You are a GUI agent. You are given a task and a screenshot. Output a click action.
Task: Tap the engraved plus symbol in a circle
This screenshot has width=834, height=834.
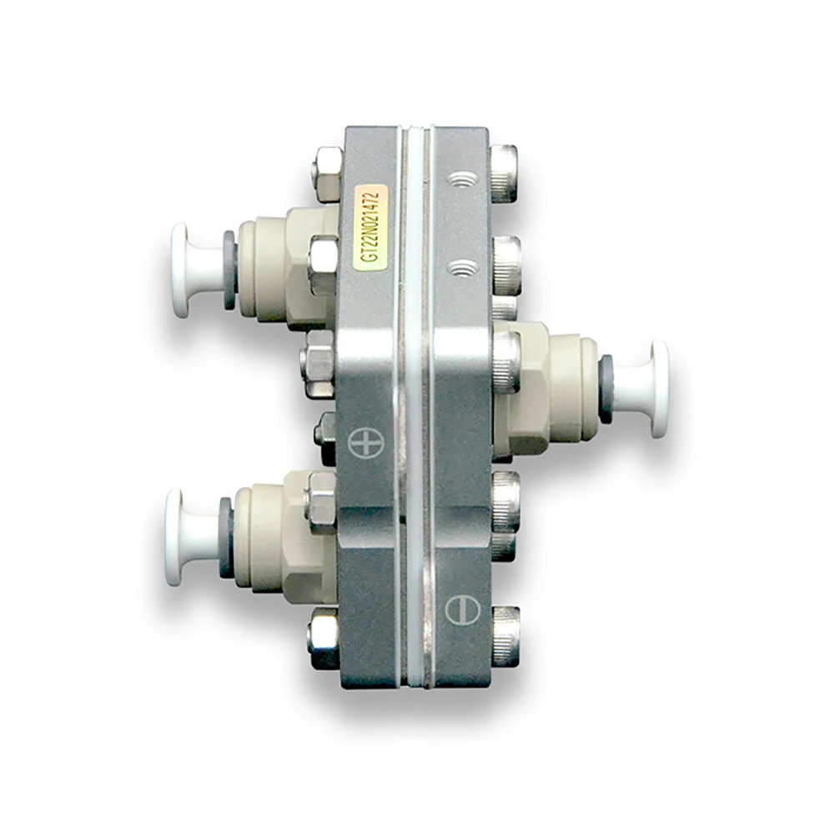pyautogui.click(x=366, y=442)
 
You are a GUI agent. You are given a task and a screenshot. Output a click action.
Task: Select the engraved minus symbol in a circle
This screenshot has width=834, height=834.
pyautogui.click(x=462, y=610)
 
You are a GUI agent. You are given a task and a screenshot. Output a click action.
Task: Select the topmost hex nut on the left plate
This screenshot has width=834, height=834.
pyautogui.click(x=327, y=174)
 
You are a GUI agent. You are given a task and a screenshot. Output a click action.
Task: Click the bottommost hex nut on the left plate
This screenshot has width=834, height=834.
pyautogui.click(x=323, y=637)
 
